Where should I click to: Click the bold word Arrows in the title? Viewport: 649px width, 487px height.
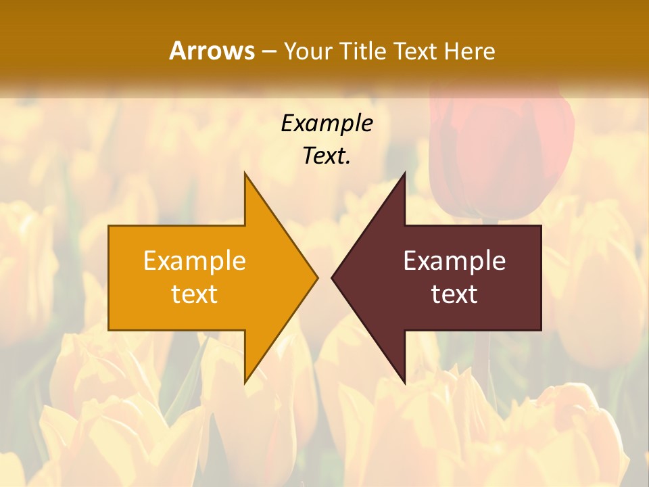tap(212, 51)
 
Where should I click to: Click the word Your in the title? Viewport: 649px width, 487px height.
tap(305, 51)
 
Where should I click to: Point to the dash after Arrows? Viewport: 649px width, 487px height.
tap(268, 51)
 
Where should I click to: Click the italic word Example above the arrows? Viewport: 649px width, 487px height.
tap(327, 123)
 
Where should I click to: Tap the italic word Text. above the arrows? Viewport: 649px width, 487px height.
tap(327, 156)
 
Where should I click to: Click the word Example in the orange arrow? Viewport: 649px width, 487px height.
tap(195, 260)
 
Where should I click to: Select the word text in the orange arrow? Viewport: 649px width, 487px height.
tap(195, 294)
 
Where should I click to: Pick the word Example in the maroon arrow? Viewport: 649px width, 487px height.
tap(454, 260)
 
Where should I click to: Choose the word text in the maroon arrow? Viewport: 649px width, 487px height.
tap(454, 294)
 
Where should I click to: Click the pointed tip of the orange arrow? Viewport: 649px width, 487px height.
tap(316, 277)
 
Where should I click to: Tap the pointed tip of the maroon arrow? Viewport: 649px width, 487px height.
tap(333, 277)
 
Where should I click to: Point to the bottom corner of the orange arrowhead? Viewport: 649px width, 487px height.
tap(245, 381)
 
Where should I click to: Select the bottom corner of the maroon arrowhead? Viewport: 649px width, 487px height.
tap(404, 381)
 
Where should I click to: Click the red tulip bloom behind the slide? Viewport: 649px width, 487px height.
tap(500, 156)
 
